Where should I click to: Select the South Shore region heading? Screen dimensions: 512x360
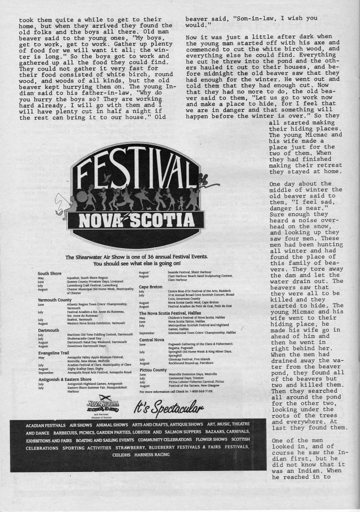point(49,273)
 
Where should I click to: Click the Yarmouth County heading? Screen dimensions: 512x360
point(55,300)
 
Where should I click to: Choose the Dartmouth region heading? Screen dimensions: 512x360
point(48,330)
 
